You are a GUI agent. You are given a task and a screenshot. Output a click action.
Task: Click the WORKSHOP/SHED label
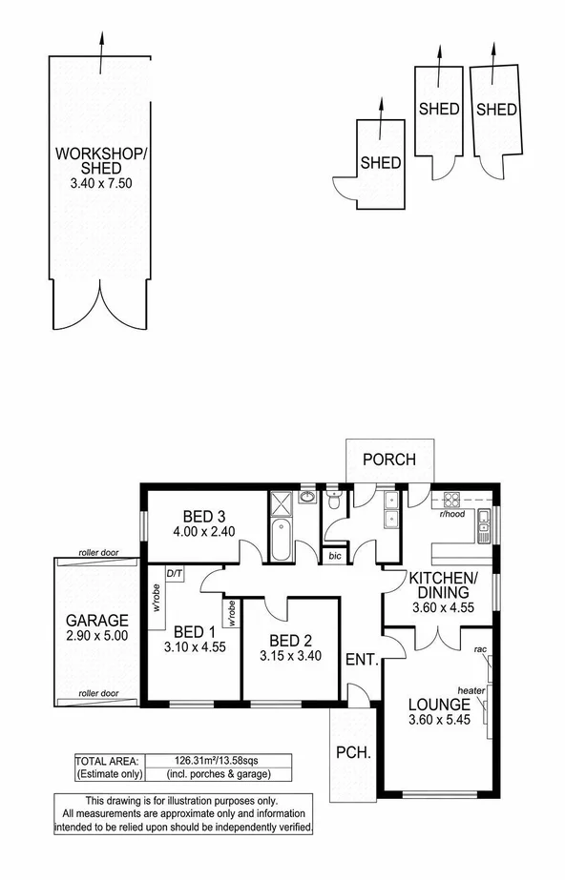point(100,161)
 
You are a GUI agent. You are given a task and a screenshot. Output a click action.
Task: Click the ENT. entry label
point(362,659)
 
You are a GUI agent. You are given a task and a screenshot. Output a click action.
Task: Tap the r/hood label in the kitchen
point(452,514)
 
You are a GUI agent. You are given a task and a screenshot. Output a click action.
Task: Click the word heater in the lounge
point(471,690)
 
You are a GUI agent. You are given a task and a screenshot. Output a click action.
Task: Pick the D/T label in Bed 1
point(175,574)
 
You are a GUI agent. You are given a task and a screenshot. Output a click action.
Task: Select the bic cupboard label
point(334,554)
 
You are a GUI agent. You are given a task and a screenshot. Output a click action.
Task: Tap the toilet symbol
point(334,501)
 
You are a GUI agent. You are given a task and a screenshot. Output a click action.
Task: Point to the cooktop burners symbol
point(451,498)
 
